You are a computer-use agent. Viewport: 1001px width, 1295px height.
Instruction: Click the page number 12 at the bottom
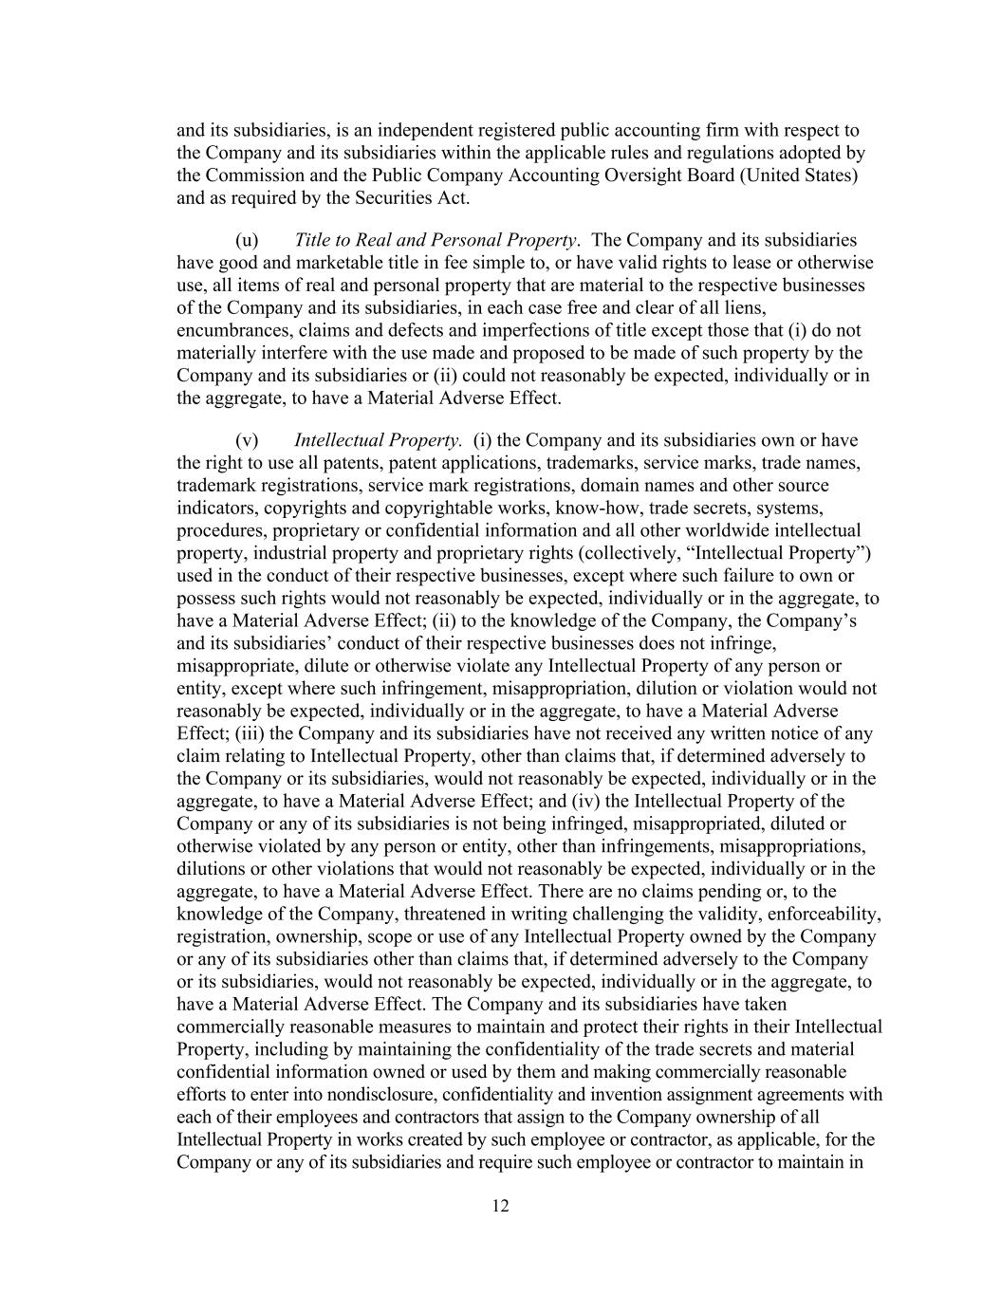coord(501,1206)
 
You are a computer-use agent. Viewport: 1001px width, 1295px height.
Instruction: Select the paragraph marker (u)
coord(246,240)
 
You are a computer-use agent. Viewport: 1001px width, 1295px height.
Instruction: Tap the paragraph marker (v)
coord(246,440)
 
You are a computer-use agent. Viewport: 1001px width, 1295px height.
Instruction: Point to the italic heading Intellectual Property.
coord(378,440)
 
